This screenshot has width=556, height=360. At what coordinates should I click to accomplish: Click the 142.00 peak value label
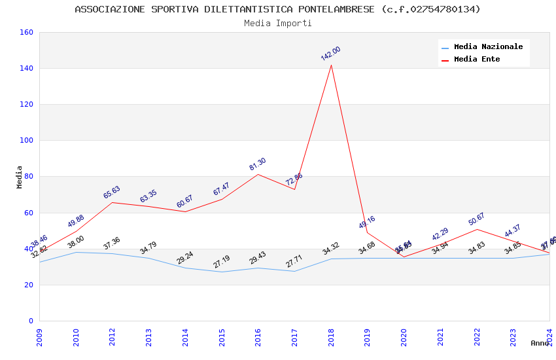click(x=331, y=54)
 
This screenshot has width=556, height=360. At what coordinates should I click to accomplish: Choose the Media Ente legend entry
click(x=477, y=60)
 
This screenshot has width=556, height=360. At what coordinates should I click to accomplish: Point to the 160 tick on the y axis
click(x=27, y=33)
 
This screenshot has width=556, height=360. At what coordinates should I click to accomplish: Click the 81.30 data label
click(x=258, y=164)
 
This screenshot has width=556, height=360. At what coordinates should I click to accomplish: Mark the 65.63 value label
click(x=112, y=192)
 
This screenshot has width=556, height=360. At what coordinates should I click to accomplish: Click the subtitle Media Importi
click(x=278, y=24)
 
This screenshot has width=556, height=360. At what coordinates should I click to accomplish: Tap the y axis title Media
click(x=20, y=177)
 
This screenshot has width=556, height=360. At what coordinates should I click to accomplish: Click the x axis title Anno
click(x=540, y=343)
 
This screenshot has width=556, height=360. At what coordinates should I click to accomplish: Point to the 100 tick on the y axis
click(x=27, y=141)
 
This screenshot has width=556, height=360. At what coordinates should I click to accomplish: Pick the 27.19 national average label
click(x=222, y=262)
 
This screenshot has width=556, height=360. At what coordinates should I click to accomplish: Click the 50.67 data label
click(x=477, y=219)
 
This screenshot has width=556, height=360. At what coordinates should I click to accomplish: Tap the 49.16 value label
click(x=367, y=223)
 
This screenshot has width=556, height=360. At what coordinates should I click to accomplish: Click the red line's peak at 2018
click(x=331, y=65)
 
